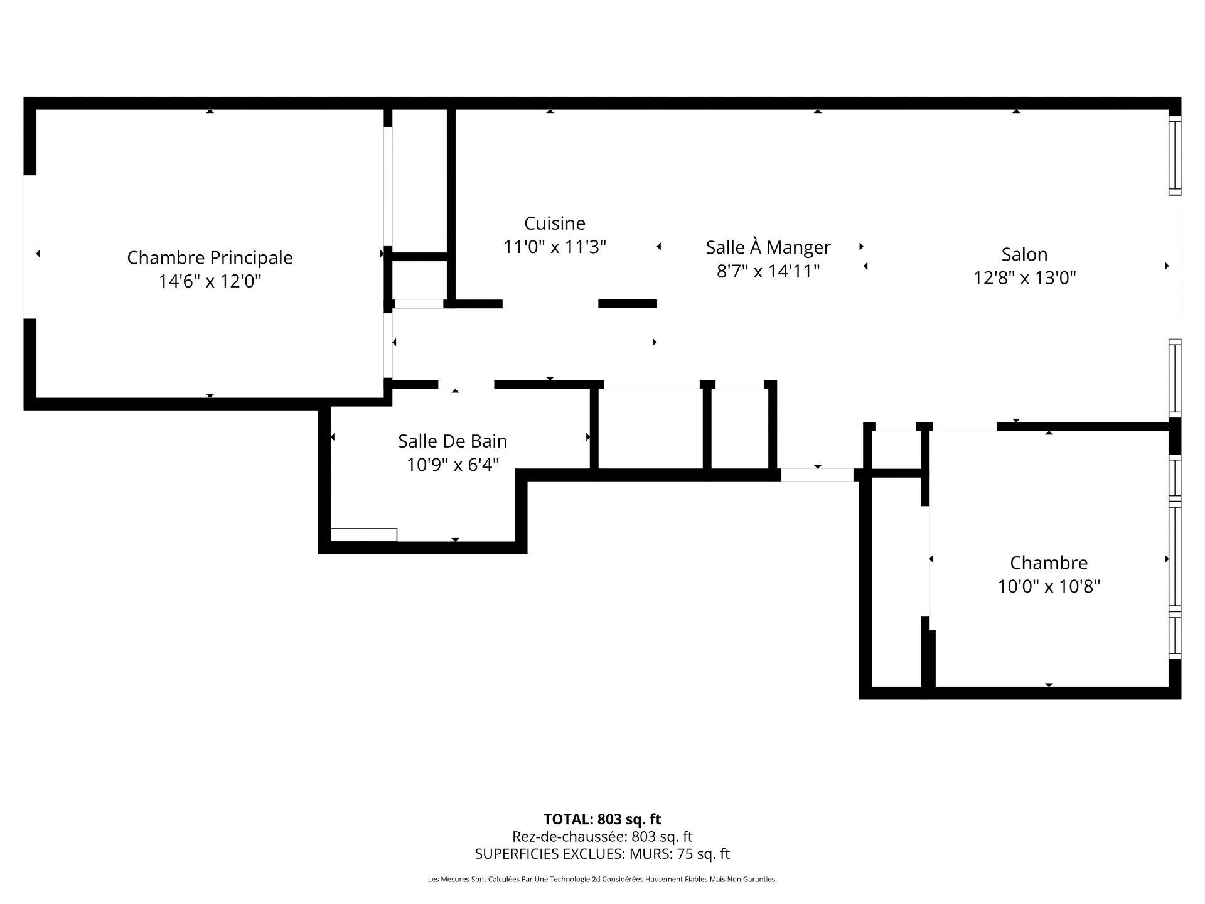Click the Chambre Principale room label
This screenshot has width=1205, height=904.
pyautogui.click(x=210, y=257)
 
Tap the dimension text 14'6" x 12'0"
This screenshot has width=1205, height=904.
pyautogui.click(x=210, y=281)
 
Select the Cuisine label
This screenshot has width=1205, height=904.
pyautogui.click(x=555, y=223)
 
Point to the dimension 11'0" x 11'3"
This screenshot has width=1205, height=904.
pyautogui.click(x=555, y=247)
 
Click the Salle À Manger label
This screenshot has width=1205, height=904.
pyautogui.click(x=768, y=247)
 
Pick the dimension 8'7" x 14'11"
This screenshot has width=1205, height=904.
pyautogui.click(x=768, y=271)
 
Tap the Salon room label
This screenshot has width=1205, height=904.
pyautogui.click(x=1024, y=254)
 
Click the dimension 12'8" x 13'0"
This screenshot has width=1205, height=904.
pyautogui.click(x=1024, y=277)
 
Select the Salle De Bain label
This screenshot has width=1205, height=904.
pyautogui.click(x=453, y=441)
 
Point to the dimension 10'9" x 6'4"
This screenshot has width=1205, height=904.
pyautogui.click(x=453, y=465)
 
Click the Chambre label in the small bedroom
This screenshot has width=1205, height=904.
pyautogui.click(x=1049, y=562)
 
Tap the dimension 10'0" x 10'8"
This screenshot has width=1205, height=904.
pyautogui.click(x=1049, y=586)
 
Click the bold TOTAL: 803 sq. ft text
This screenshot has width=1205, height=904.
pyautogui.click(x=602, y=819)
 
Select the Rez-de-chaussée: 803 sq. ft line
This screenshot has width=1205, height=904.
pyautogui.click(x=602, y=836)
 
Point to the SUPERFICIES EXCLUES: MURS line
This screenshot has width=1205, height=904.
pyautogui.click(x=602, y=854)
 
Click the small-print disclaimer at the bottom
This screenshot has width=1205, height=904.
pyautogui.click(x=602, y=880)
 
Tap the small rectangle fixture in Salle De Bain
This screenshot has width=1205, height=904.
pyautogui.click(x=363, y=535)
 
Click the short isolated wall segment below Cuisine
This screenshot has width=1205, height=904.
pyautogui.click(x=627, y=304)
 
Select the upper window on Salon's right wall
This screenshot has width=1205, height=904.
pyautogui.click(x=1174, y=155)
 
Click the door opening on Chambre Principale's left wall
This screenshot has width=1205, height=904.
pyautogui.click(x=29, y=246)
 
